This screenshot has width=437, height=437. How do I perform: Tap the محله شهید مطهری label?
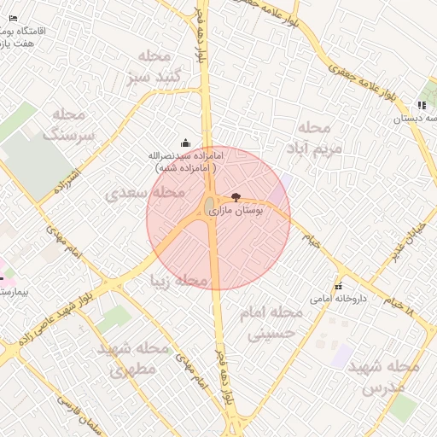pyautogui.click(x=132, y=359)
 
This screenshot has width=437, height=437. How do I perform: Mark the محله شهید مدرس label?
pyautogui.click(x=390, y=376)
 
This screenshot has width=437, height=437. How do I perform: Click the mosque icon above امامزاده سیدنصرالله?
pyautogui.click(x=185, y=143)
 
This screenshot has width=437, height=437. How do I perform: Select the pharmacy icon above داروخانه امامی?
pyautogui.click(x=340, y=286)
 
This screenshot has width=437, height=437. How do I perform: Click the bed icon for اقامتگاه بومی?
pyautogui.click(x=12, y=18)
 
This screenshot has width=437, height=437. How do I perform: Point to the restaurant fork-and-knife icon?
pyautogui.click(x=422, y=105)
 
